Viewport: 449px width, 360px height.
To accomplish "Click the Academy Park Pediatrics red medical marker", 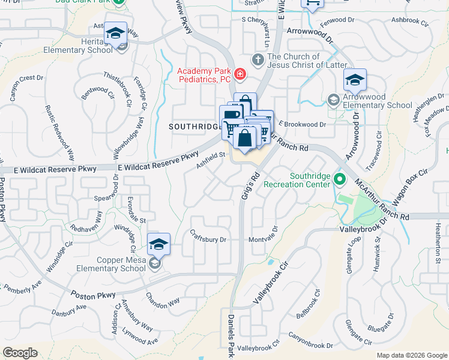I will (240, 74).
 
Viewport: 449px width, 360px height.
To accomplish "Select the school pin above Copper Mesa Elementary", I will (158, 244).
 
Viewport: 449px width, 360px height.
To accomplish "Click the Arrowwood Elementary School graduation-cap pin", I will (355, 80).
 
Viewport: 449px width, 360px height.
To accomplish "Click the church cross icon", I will (258, 59).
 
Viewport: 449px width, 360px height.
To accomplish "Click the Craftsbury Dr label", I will (208, 236).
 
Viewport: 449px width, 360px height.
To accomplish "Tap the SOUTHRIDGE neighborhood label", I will (193, 127).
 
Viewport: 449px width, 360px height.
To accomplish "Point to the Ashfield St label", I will (211, 159).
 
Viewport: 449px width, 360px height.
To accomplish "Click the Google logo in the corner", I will (20, 353).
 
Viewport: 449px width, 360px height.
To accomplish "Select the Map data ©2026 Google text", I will (412, 355).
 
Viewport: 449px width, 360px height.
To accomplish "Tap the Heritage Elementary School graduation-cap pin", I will (116, 33).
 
